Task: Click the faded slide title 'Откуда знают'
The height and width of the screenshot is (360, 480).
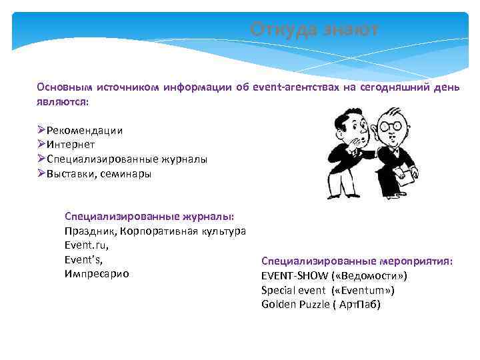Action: (x=314, y=30)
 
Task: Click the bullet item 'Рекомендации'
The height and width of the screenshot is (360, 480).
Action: (x=85, y=130)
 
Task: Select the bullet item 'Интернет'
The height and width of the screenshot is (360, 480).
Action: (x=71, y=145)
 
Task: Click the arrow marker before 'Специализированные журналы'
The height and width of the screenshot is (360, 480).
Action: (x=41, y=159)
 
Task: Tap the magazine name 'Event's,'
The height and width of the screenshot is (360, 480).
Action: (x=83, y=259)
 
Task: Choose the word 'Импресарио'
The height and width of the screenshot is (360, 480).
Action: (x=97, y=274)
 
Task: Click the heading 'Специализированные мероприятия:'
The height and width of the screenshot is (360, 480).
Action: (x=357, y=261)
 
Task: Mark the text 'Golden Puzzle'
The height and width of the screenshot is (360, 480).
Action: (x=295, y=305)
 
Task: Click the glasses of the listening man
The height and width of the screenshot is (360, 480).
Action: (x=391, y=125)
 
